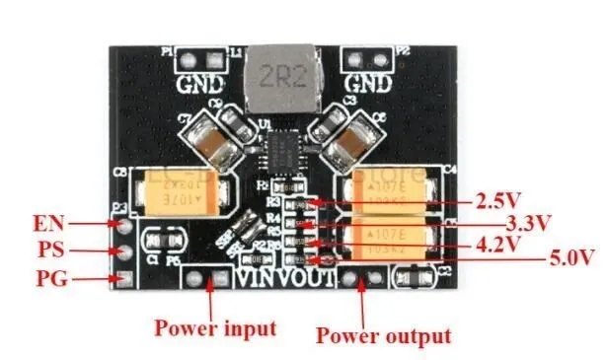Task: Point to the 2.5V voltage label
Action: [x=498, y=202]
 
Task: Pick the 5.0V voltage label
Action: [x=570, y=259]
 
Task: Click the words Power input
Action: [x=213, y=326]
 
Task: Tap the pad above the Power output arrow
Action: [x=361, y=283]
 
